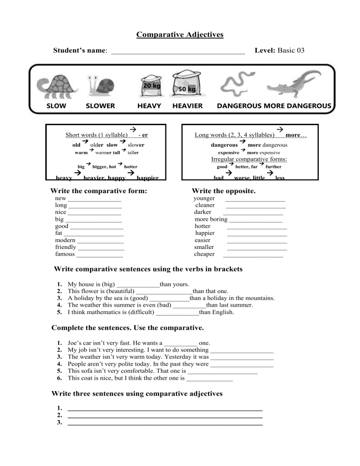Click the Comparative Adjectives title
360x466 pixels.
180,35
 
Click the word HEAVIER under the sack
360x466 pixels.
187,106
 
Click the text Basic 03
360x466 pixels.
291,49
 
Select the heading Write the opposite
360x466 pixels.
224,191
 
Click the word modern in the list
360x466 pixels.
66,240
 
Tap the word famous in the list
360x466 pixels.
65,255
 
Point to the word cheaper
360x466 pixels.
204,255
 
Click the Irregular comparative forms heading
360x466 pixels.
249,159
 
